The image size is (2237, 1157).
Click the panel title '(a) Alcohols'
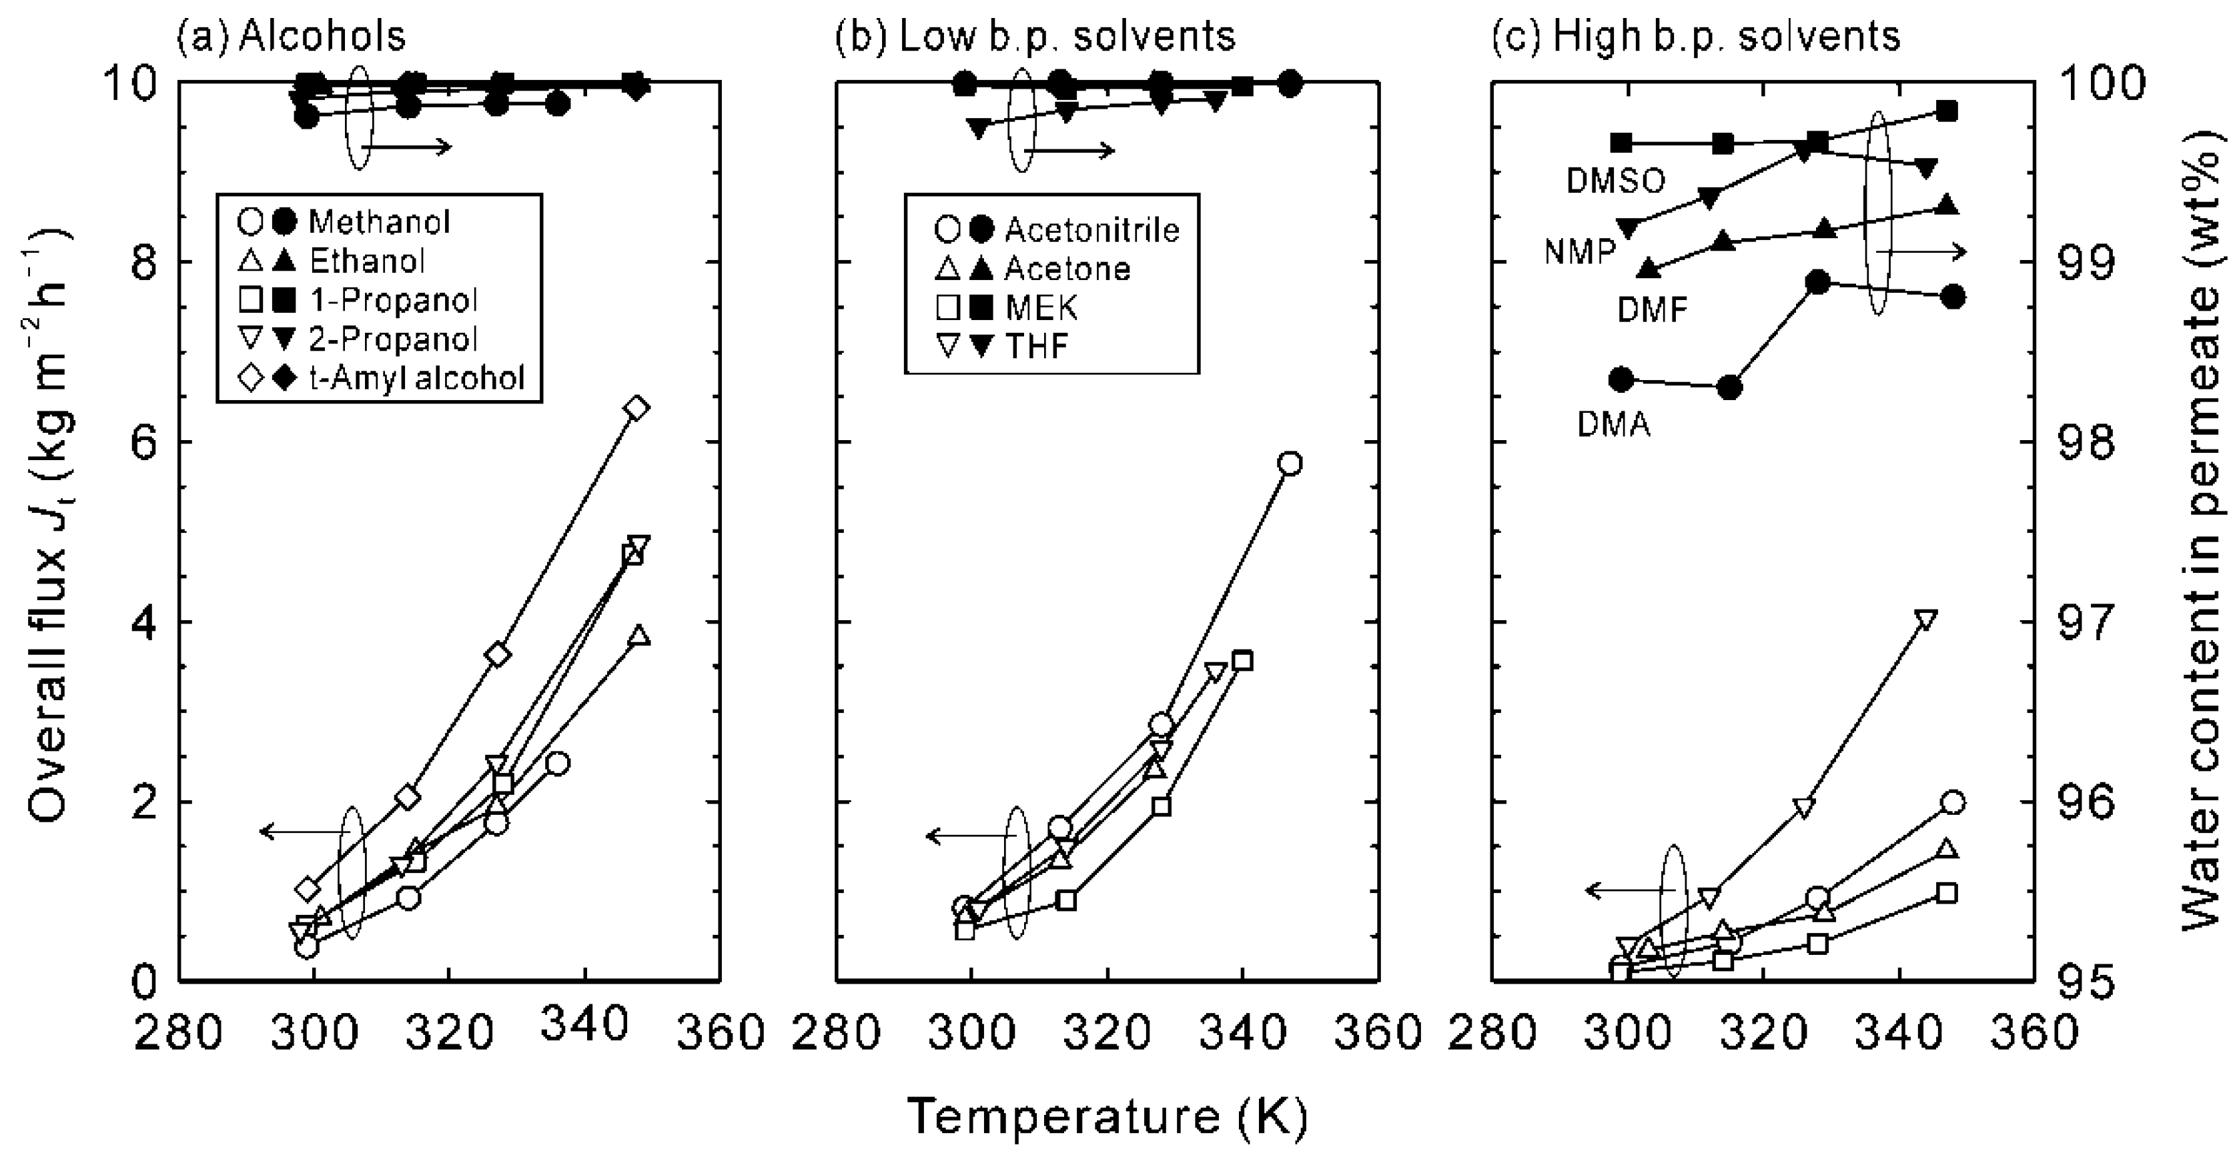point(291,37)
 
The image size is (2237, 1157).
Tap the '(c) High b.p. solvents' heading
point(1695,37)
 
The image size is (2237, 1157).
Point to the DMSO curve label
point(1615,181)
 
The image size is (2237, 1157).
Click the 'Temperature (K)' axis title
point(1107,1116)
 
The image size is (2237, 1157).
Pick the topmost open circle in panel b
point(1290,463)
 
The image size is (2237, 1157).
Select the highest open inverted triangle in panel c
point(1925,620)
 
